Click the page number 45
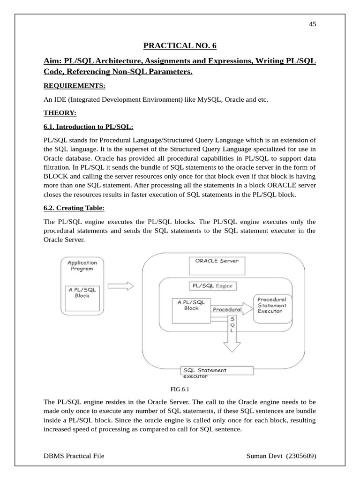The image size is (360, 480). pos(313,24)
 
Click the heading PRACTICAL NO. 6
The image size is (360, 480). pos(180,45)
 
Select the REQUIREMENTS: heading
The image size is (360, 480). pos(75,86)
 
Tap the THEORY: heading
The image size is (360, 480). pos(60,113)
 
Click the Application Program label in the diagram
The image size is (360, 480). pos(82,266)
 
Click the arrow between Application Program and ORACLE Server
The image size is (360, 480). pos(120,286)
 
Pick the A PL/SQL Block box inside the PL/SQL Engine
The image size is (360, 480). pos(191,309)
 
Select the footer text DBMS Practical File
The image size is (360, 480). pos(74,456)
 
